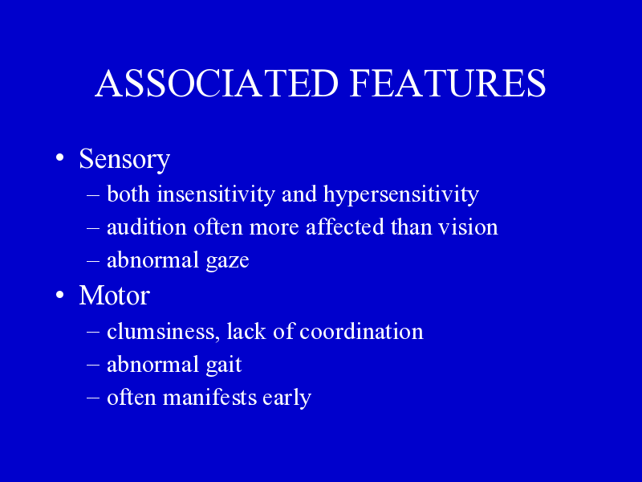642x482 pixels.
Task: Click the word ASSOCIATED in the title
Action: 217,84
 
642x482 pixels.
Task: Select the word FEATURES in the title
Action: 448,84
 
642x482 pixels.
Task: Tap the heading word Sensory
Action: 124,160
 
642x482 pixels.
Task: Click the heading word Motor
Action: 115,295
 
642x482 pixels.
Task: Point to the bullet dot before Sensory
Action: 60,157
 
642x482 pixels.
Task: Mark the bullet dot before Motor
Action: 60,295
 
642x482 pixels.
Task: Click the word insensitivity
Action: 216,194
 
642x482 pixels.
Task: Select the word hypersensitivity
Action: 401,194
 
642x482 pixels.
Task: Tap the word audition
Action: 147,227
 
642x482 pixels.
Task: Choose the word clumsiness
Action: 161,331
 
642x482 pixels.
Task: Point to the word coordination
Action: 362,331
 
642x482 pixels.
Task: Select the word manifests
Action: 210,398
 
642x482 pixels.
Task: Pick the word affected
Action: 345,227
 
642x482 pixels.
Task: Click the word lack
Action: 246,331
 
